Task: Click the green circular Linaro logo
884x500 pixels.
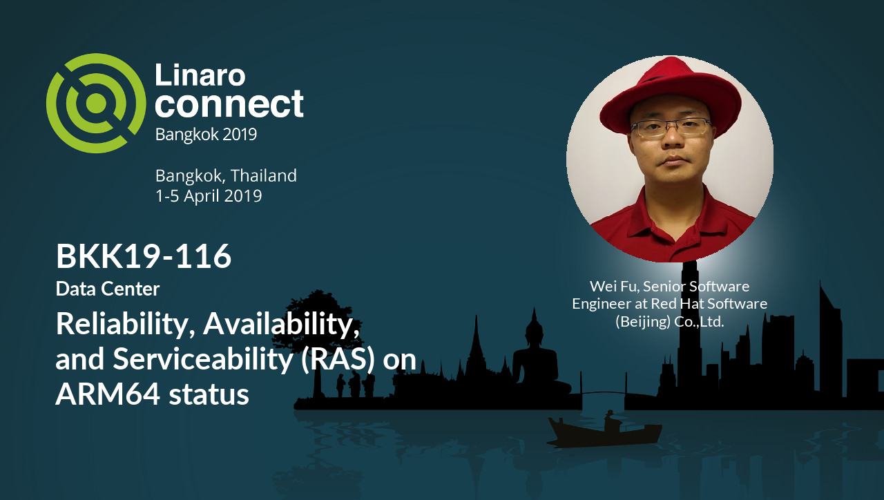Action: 96,103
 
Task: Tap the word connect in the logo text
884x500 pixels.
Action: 229,104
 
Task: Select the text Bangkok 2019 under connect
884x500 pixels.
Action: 206,134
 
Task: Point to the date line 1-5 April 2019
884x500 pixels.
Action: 209,196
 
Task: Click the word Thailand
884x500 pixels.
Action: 263,175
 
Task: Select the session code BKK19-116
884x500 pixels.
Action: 144,257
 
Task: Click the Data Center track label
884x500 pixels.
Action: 108,289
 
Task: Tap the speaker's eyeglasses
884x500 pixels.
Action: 671,128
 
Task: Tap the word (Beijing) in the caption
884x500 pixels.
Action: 642,321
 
